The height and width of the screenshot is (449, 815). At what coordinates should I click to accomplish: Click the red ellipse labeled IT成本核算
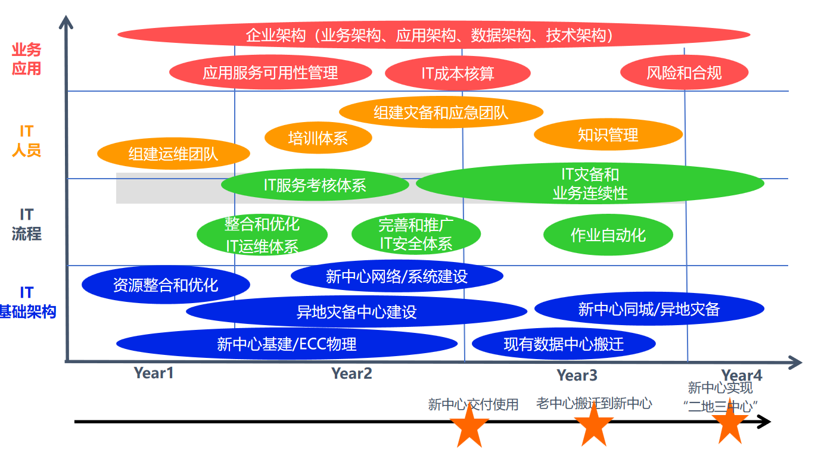[x=458, y=73]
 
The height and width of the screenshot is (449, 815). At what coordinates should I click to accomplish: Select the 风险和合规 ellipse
[x=684, y=73]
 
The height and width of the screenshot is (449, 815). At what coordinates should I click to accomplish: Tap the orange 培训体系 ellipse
[x=318, y=138]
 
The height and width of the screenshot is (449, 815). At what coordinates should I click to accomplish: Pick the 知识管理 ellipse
[x=608, y=135]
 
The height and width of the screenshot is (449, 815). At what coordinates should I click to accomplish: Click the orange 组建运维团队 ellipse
[x=173, y=154]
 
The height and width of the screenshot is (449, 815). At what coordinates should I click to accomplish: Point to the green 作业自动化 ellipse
[x=608, y=235]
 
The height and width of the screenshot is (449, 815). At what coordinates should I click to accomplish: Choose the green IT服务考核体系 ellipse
[x=315, y=185]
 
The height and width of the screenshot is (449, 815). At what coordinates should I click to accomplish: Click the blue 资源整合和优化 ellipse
[x=166, y=285]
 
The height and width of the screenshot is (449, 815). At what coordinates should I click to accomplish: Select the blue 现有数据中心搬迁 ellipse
[x=564, y=344]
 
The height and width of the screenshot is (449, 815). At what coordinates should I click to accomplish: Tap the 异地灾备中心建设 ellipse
[x=356, y=311]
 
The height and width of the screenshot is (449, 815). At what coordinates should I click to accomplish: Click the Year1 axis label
[x=154, y=373]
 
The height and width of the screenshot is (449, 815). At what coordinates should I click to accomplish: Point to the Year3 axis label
[x=577, y=375]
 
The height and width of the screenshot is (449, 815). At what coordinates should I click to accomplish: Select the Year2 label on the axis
[x=351, y=373]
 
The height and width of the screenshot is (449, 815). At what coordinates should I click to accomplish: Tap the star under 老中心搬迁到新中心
[x=593, y=424]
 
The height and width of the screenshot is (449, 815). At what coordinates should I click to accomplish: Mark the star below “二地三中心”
[x=730, y=423]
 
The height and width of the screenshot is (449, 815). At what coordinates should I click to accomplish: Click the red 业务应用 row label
[x=26, y=60]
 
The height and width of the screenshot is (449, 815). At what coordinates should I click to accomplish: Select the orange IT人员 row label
[x=26, y=141]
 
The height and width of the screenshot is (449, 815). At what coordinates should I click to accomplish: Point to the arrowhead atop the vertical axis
[x=66, y=23]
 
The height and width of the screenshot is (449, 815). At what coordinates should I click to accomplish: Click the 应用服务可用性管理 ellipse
[x=270, y=73]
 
